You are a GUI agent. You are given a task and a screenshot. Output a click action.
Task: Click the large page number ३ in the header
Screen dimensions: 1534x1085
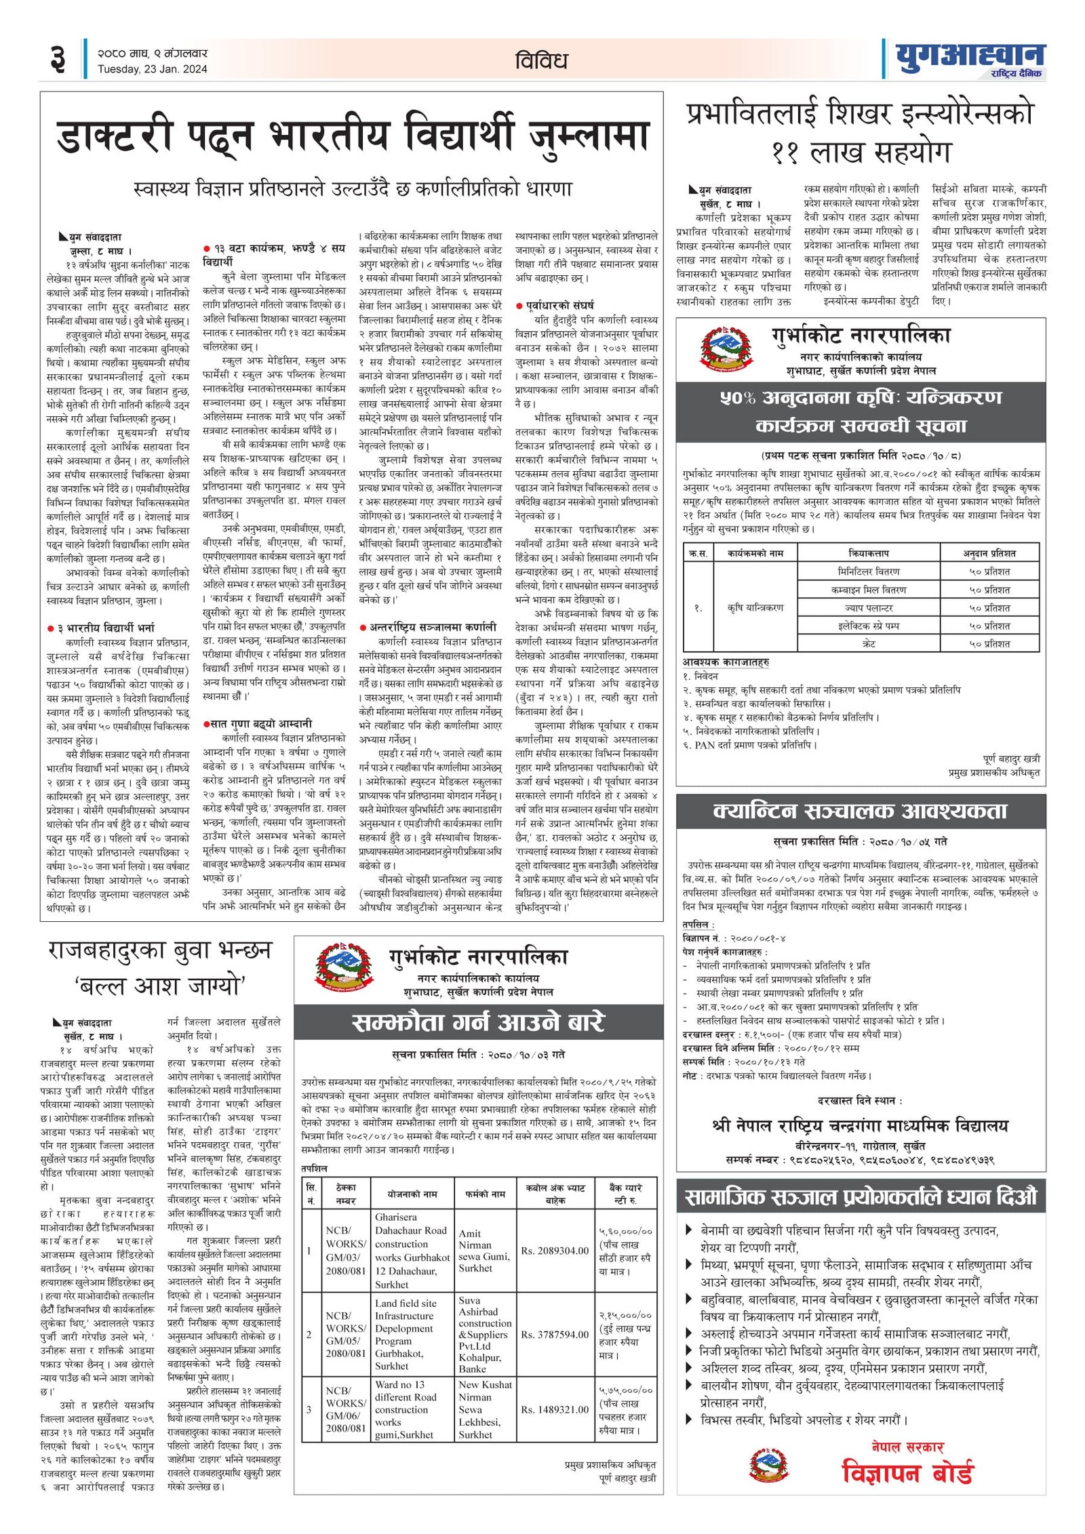click(58, 60)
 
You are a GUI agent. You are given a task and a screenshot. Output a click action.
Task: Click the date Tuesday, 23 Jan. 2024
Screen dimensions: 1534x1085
click(152, 69)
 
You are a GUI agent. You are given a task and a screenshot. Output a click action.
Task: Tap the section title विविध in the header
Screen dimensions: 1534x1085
click(540, 61)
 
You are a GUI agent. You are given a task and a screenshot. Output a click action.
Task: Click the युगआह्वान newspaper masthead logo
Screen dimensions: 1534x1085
click(970, 59)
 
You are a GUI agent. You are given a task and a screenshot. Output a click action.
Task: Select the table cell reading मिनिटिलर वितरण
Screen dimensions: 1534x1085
click(868, 571)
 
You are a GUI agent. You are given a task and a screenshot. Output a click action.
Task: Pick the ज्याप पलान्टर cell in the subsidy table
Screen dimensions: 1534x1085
click(868, 608)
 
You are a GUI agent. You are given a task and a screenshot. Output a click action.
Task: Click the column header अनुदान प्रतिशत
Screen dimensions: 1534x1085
click(989, 553)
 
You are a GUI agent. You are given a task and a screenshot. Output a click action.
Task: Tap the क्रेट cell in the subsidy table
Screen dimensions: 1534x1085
click(868, 644)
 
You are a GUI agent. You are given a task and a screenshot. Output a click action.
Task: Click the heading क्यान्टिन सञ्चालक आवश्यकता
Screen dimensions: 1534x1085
click(860, 811)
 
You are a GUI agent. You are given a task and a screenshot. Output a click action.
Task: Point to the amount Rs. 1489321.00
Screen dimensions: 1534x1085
click(554, 1409)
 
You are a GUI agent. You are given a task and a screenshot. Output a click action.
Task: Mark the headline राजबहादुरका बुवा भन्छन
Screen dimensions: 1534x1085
click(160, 950)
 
